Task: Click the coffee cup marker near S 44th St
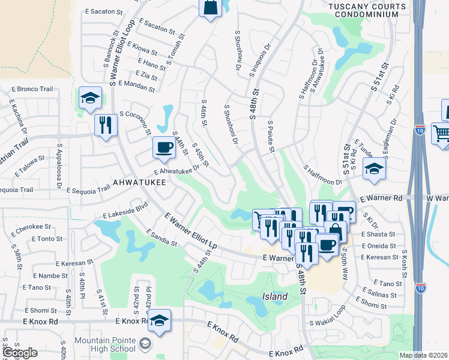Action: [163, 148]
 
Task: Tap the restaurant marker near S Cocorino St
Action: [106, 125]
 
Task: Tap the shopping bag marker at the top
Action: [210, 8]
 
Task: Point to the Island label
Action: [274, 296]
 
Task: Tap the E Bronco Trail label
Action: [31, 89]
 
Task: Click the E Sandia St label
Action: [161, 238]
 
